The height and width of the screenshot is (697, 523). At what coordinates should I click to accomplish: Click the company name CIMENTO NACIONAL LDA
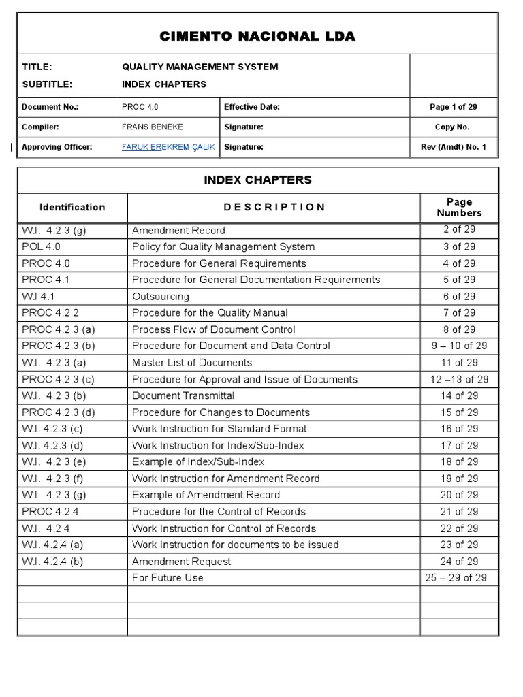coord(257,37)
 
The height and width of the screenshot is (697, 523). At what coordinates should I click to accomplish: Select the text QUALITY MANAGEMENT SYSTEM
coord(200,67)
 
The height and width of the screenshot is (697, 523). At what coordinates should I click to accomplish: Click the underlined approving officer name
coord(168,147)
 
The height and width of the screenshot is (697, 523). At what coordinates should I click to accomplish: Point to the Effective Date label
coord(252,107)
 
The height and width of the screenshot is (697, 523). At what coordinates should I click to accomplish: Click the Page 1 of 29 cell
coord(454,107)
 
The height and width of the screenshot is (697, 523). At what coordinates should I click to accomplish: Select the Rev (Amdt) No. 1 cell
coord(454,147)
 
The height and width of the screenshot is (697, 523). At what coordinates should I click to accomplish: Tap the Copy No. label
coord(454,127)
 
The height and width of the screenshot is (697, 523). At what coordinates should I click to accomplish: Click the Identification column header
coord(72,207)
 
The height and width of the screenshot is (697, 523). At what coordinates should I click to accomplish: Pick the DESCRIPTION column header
coord(274,207)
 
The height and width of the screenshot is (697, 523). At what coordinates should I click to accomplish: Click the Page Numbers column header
coord(459,208)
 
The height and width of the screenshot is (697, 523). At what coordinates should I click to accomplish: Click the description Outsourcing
coord(161,297)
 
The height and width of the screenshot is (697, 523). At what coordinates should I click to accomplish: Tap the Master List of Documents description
coord(192,363)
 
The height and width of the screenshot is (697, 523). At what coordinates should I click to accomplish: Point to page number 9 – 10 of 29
coord(459,346)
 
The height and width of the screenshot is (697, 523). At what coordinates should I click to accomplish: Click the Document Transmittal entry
coord(183,395)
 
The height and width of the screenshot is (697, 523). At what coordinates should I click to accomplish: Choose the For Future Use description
coord(168,578)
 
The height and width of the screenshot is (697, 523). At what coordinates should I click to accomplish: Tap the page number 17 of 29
coord(459,445)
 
